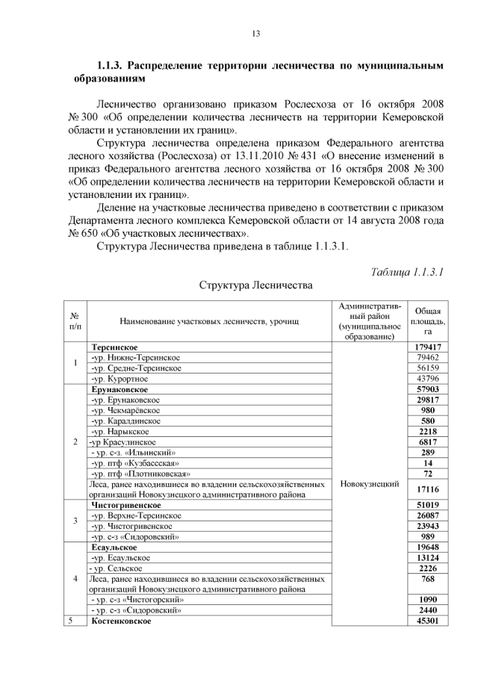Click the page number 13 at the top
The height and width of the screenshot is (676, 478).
tap(255, 34)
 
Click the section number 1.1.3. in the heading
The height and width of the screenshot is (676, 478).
tap(117, 66)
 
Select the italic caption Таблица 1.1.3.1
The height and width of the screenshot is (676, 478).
tap(407, 272)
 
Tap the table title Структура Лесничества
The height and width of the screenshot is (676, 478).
tap(255, 285)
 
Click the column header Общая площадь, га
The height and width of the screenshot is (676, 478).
tap(428, 320)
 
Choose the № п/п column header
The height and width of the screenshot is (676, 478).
tap(75, 321)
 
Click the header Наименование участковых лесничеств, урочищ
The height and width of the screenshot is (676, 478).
tap(209, 321)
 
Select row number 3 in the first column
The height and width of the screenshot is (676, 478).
tap(75, 521)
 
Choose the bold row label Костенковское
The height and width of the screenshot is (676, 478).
tap(120, 621)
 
